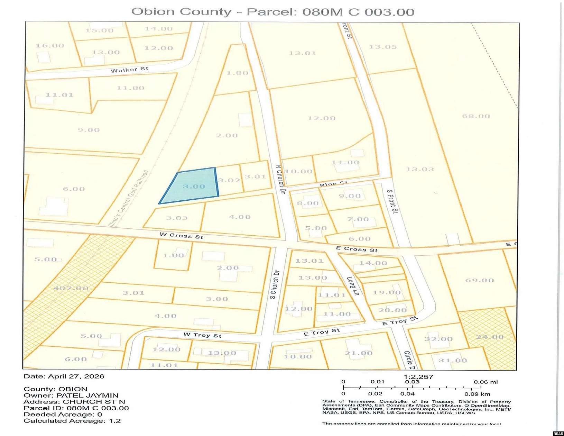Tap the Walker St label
coord(129,70)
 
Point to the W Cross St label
coord(181,236)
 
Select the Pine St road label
coord(333,184)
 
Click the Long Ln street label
coord(353,286)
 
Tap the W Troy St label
coord(202,335)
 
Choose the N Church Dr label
coord(280,179)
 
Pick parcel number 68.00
coord(476,116)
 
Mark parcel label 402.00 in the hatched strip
coord(71,288)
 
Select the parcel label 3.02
coord(229,180)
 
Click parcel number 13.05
coord(382,47)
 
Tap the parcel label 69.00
coord(479,280)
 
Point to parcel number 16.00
coord(50,45)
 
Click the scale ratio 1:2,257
coord(418,376)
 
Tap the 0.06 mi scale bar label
coord(486,382)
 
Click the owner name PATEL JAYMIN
coord(87,395)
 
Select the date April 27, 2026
coord(76,376)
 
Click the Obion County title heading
coord(272,12)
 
